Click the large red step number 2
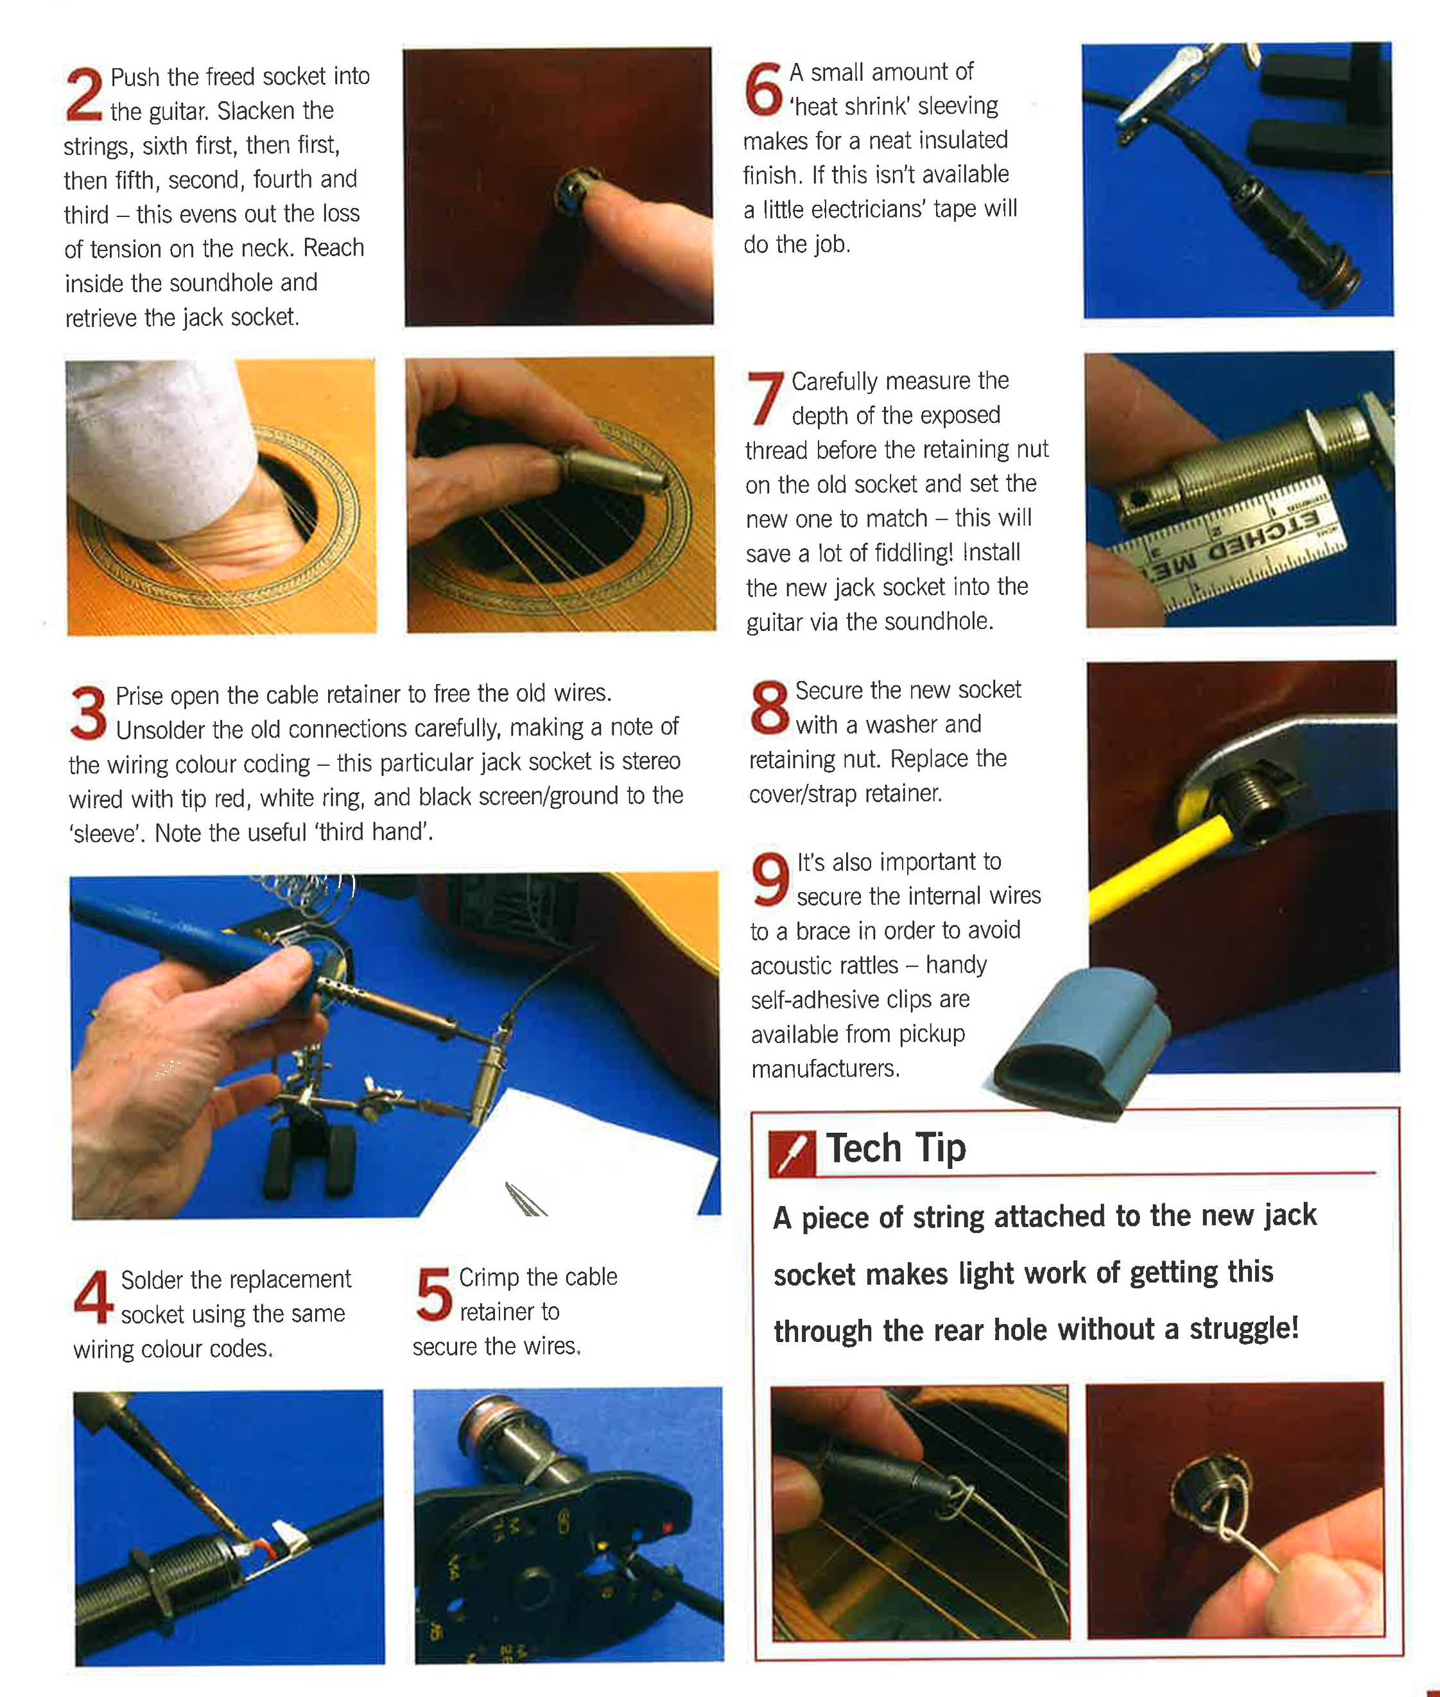pyautogui.click(x=84, y=95)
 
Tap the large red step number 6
pyautogui.click(x=763, y=89)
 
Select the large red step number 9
pyautogui.click(x=770, y=879)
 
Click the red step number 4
pyautogui.click(x=92, y=1297)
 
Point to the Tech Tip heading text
pyautogui.click(x=896, y=1148)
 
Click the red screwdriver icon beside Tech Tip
pyautogui.click(x=791, y=1153)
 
